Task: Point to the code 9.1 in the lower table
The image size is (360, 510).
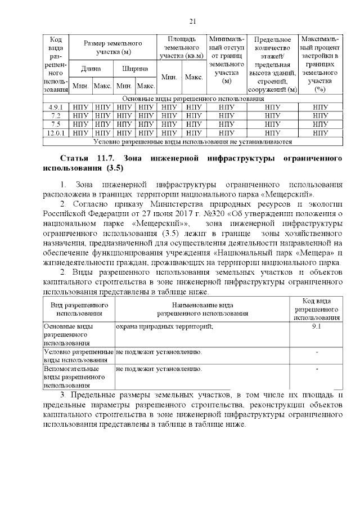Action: [316, 326]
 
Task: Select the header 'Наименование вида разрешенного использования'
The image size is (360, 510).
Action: [202, 308]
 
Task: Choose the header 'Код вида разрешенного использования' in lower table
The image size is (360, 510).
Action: [316, 308]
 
